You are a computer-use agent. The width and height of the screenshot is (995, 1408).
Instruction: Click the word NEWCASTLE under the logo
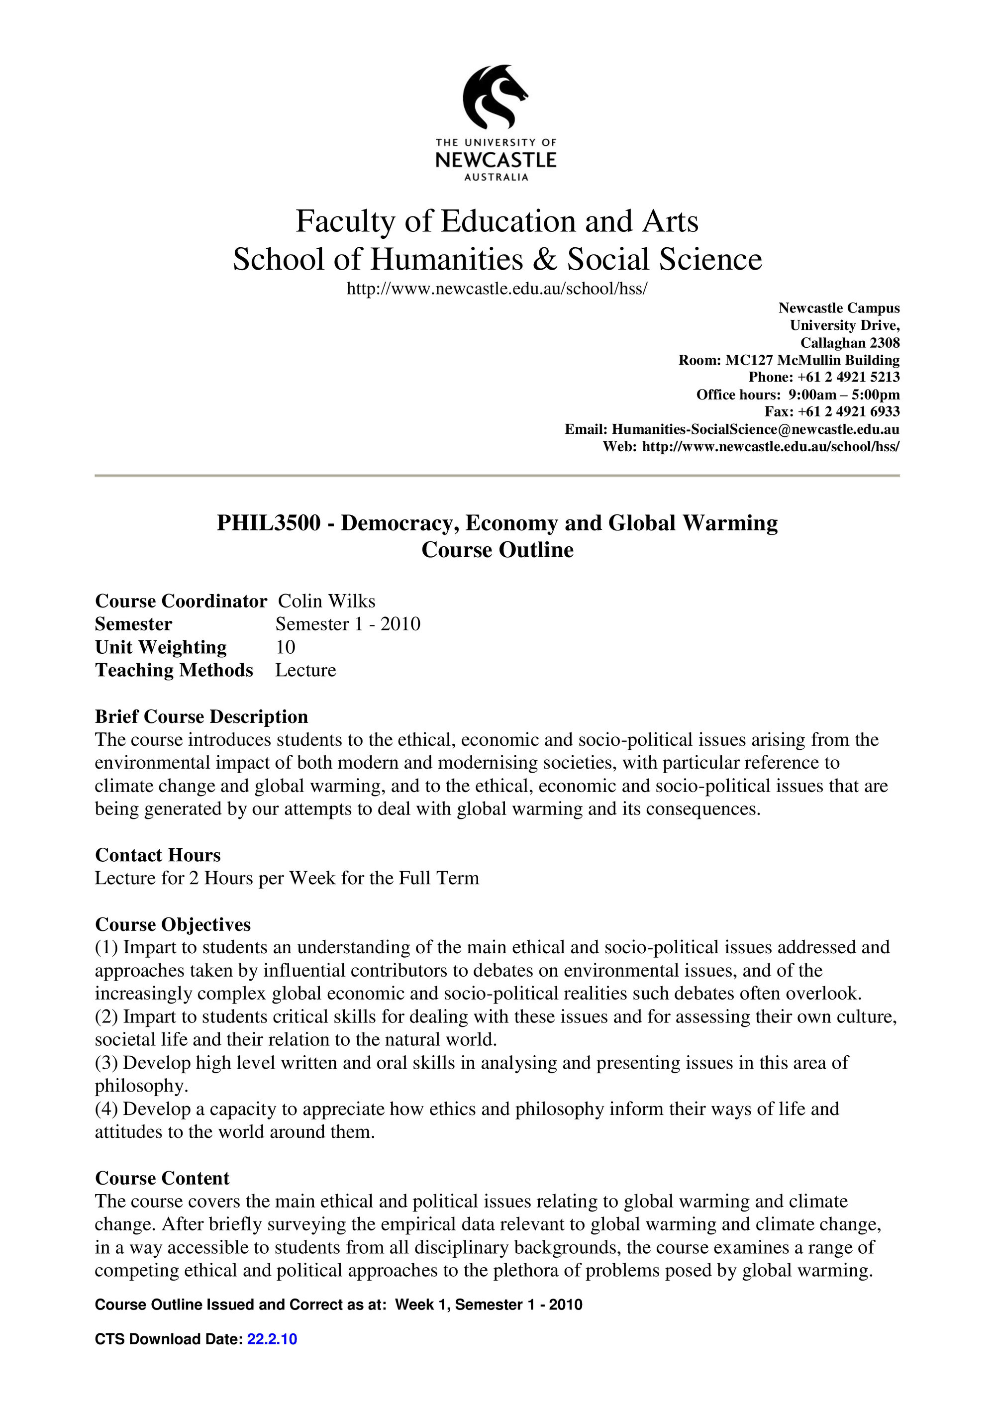496,161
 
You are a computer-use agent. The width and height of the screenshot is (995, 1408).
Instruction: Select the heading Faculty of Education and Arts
497,221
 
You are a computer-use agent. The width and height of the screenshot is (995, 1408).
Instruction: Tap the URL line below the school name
497,288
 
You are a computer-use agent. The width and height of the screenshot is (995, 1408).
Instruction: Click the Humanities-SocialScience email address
755,429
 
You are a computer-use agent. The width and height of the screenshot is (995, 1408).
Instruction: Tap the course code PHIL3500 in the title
269,523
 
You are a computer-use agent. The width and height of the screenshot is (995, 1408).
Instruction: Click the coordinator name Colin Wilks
326,601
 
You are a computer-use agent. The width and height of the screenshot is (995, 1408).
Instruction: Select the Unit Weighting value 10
285,647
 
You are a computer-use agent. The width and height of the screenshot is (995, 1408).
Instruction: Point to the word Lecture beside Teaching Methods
305,670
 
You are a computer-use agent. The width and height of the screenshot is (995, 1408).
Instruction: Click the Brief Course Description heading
201,716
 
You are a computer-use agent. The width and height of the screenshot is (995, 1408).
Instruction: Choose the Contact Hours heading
158,855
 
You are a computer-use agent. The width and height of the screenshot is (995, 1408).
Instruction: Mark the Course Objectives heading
173,924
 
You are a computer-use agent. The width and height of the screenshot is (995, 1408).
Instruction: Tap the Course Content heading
162,1178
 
